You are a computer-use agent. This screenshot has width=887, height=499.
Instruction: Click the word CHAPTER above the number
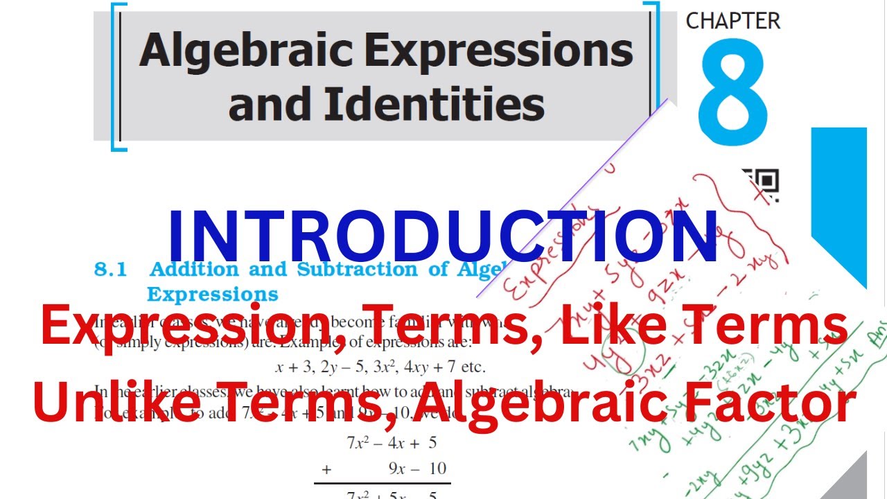pos(732,21)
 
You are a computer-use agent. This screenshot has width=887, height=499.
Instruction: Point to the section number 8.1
pos(110,270)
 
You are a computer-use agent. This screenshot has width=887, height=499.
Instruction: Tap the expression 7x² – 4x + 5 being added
pos(391,442)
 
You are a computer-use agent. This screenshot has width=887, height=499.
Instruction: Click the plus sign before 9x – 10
pos(326,469)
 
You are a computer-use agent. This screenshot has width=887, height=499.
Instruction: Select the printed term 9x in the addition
pos(396,469)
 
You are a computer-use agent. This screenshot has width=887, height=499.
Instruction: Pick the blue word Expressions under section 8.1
pos(213,294)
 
